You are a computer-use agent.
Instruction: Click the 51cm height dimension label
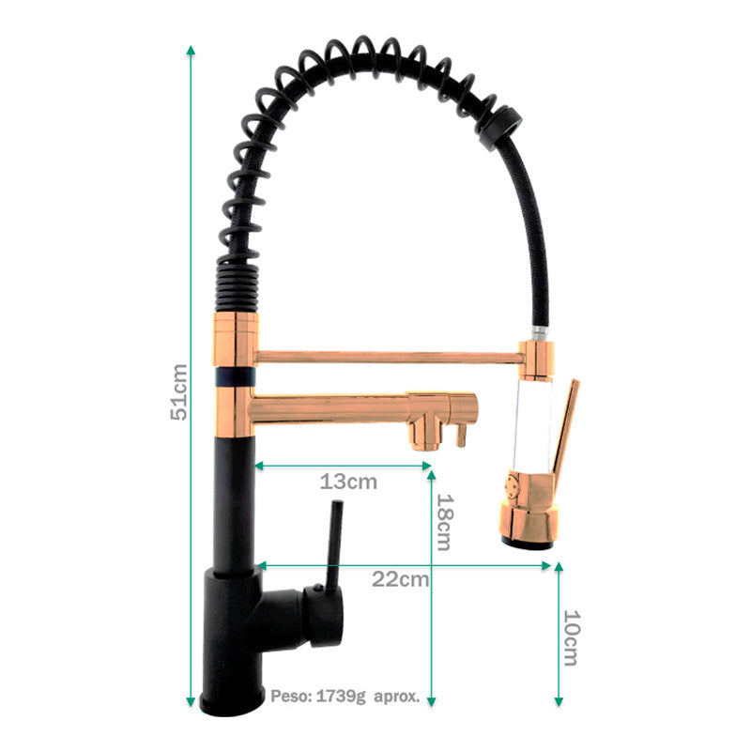(179, 391)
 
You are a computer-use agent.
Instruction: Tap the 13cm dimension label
(348, 483)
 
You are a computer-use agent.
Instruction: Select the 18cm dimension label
(444, 522)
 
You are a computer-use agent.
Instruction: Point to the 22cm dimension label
(401, 579)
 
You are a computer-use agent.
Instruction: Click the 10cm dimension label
(570, 637)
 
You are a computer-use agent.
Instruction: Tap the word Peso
(287, 697)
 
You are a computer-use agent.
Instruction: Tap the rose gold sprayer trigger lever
(565, 427)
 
